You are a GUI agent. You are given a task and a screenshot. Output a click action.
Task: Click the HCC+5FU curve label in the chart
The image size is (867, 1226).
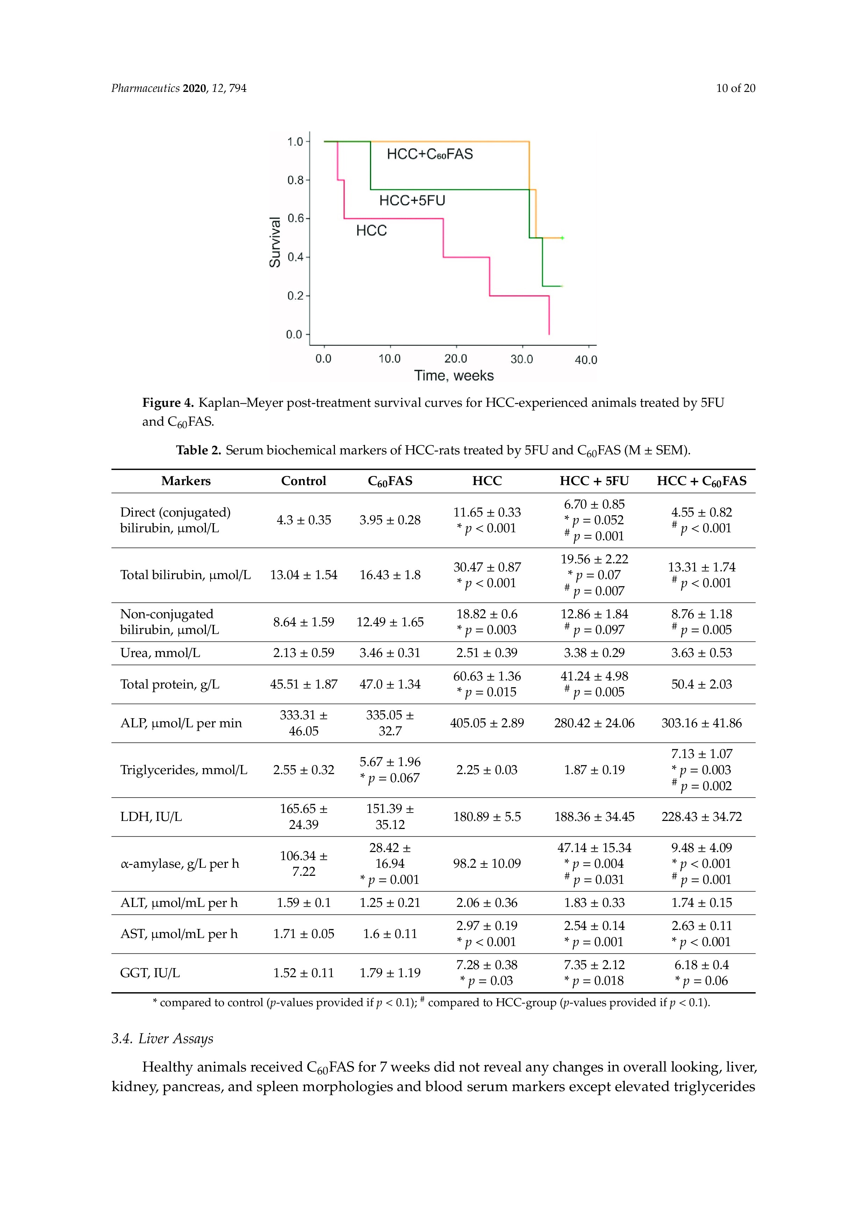(412, 200)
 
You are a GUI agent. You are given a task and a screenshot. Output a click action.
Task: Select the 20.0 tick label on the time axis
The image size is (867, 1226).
(456, 359)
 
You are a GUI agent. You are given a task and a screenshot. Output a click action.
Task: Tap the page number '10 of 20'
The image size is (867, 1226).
(736, 88)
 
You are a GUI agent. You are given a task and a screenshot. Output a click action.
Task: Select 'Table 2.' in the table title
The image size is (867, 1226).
(198, 450)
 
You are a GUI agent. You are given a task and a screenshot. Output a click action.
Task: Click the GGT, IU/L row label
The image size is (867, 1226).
(150, 973)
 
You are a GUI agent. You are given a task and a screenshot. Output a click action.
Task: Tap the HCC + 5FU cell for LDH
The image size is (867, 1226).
(594, 816)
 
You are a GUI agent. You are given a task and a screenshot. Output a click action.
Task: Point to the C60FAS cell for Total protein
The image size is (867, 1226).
(390, 684)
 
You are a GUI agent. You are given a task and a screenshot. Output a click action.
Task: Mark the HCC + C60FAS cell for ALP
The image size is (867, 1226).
(701, 723)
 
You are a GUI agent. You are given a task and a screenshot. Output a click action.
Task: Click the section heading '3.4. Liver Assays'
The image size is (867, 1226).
(163, 1039)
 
